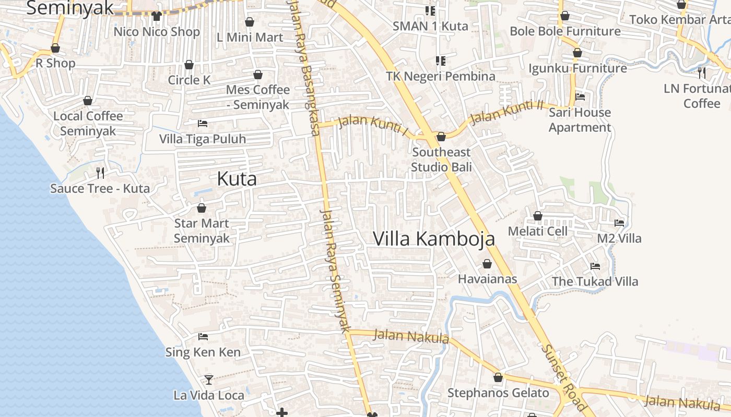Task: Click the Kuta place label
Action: (237, 179)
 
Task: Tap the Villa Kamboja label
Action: (434, 239)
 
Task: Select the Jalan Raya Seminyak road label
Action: (334, 271)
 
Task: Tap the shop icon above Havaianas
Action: (487, 264)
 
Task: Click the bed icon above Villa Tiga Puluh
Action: (203, 124)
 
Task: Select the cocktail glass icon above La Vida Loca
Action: (209, 379)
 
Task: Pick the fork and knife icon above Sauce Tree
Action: (100, 173)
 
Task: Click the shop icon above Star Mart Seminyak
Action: (202, 208)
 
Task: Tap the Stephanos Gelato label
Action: (498, 393)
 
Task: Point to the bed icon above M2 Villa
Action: (619, 223)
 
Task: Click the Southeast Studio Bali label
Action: (441, 160)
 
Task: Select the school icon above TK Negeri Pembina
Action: (441, 61)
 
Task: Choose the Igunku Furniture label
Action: (577, 68)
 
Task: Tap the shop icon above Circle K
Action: (189, 65)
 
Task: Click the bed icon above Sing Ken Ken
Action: (203, 337)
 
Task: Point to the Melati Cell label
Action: (538, 231)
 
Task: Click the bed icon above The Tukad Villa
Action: (595, 266)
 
